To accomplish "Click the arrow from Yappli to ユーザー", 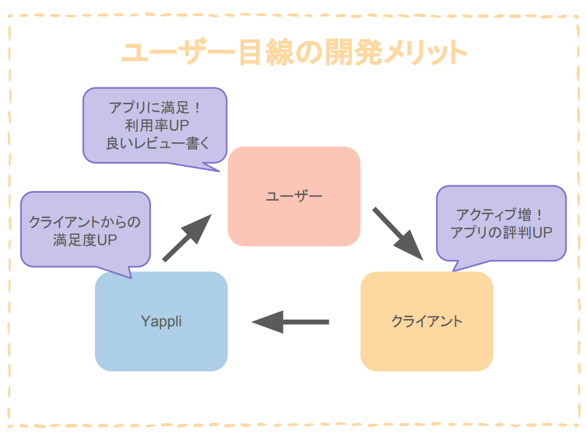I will [186, 238].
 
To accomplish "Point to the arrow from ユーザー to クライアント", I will [398, 233].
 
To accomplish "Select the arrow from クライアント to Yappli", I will [290, 321].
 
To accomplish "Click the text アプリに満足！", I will [155, 107].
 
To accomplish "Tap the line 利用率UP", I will [155, 125].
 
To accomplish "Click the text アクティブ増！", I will [501, 215].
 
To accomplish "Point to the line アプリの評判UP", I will [501, 233].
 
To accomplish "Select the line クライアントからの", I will [85, 222].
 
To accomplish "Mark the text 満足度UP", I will [85, 240].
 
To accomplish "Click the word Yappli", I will [161, 321].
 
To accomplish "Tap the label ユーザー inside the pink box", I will [293, 196].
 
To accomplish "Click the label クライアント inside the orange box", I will [427, 321].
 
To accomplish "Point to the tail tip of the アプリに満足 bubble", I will [219, 171].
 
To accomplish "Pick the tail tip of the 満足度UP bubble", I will [130, 278].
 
